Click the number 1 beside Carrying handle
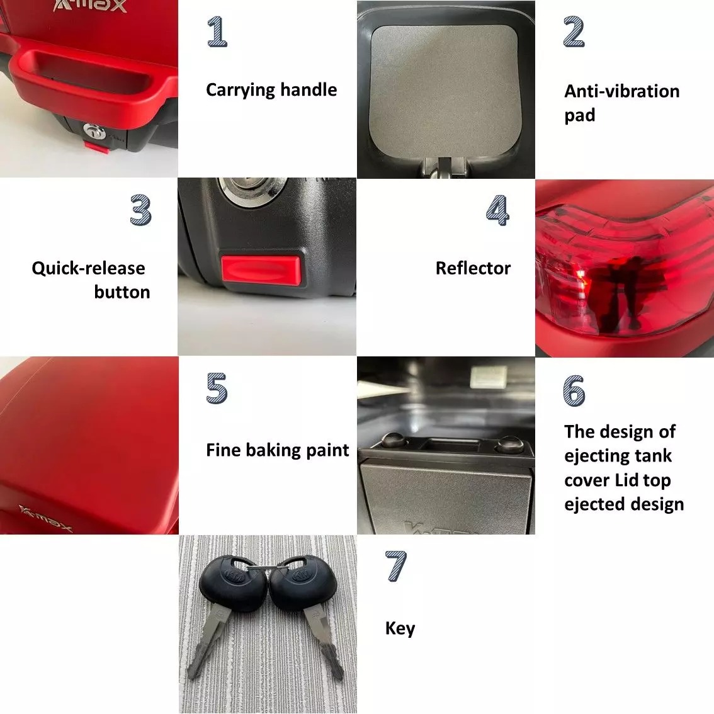click(217, 31)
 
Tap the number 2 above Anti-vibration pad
click(574, 31)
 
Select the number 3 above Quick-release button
click(140, 210)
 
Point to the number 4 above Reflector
click(497, 210)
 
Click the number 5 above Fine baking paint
click(217, 388)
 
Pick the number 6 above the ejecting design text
click(574, 391)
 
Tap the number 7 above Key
click(395, 566)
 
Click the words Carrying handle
click(271, 90)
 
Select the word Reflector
click(473, 268)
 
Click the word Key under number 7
click(400, 628)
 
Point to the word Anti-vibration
click(622, 91)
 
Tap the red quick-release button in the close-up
click(261, 269)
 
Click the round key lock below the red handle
click(94, 132)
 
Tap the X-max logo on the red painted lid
click(45, 518)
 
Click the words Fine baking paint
click(277, 450)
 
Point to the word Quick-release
click(88, 269)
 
